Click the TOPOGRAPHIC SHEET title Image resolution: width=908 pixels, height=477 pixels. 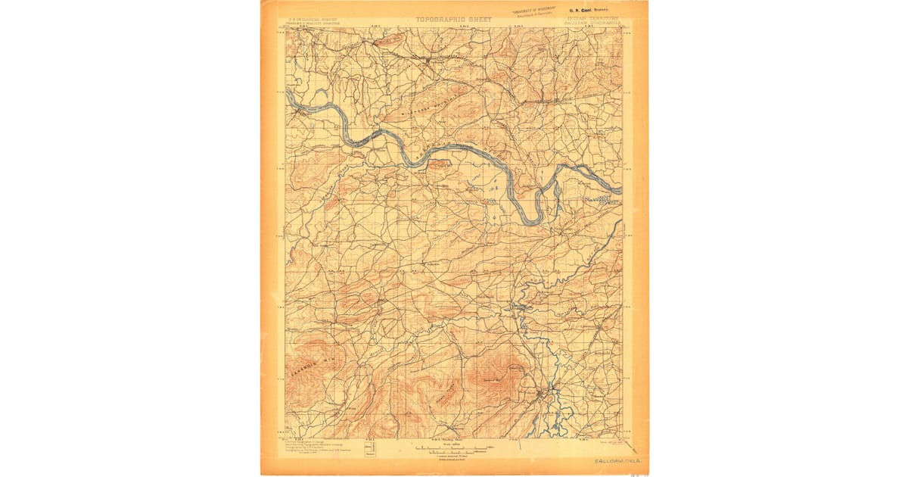click(453, 19)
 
